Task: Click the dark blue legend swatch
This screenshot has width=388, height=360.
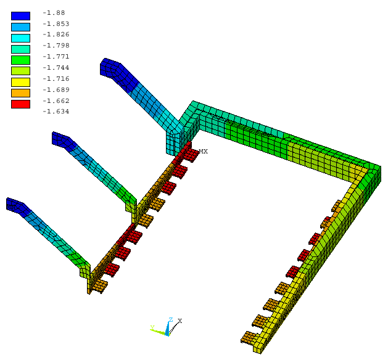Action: (20, 16)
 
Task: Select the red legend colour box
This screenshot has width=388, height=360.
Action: (20, 104)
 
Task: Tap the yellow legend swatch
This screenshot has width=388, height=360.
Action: (20, 82)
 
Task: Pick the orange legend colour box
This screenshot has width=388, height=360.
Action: (20, 93)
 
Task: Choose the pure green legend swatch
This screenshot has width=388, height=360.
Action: (20, 60)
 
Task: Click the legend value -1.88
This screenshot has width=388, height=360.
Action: (54, 12)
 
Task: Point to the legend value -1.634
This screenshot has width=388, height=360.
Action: (56, 112)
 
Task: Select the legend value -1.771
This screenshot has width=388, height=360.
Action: (56, 57)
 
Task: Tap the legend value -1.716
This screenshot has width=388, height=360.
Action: (56, 79)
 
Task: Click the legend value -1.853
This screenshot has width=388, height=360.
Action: (56, 24)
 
